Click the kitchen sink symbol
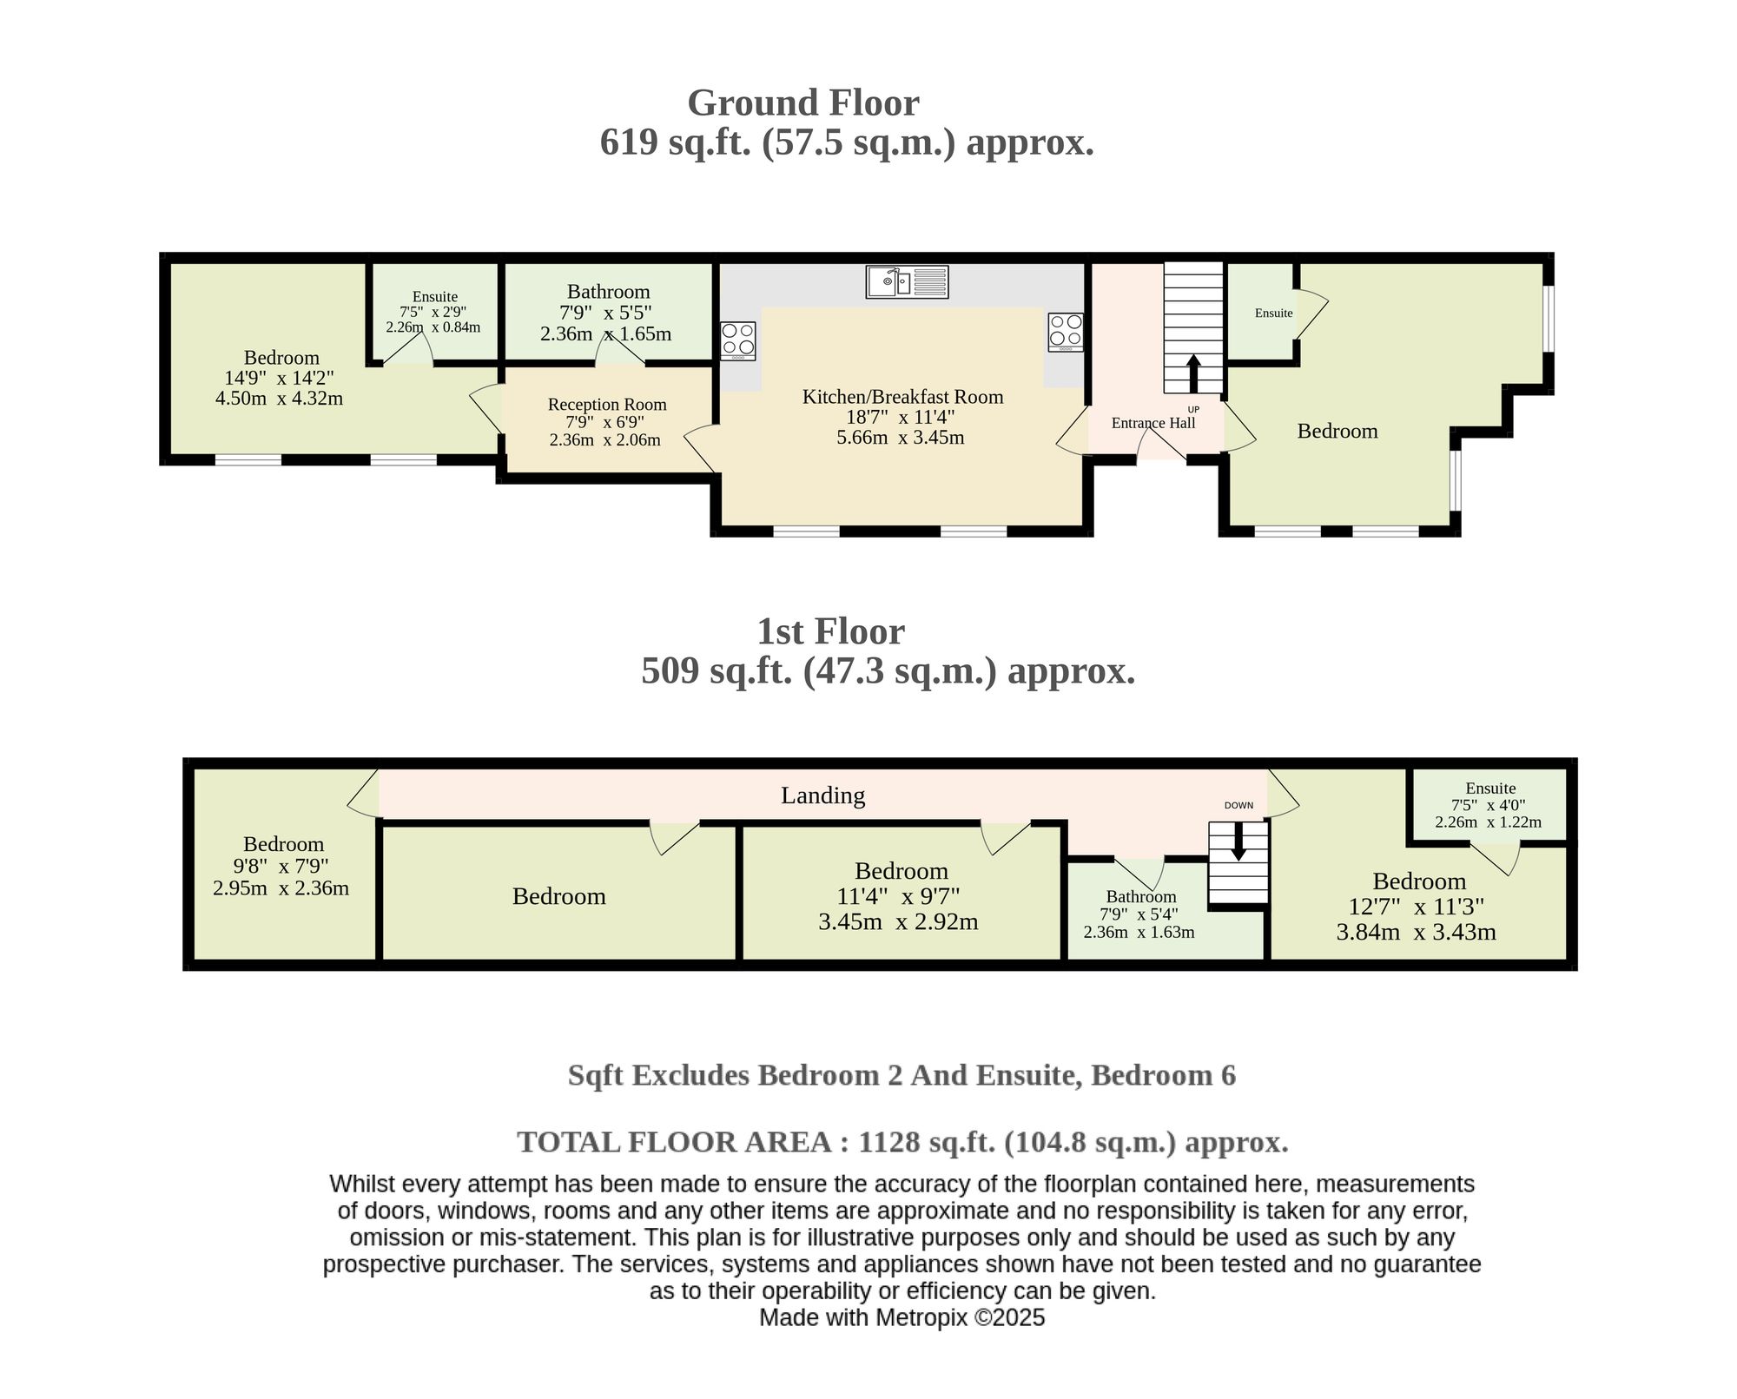(x=907, y=282)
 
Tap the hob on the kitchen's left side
(x=738, y=341)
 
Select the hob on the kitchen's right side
(x=1066, y=332)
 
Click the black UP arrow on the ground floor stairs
(x=1193, y=373)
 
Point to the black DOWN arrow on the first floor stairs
(x=1238, y=841)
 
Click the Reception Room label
(x=607, y=405)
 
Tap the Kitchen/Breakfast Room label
(x=902, y=397)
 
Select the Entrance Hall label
(x=1153, y=423)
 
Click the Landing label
(x=822, y=795)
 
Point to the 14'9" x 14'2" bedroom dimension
(x=280, y=378)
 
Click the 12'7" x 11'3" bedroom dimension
(x=1416, y=907)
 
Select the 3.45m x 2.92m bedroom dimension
(x=898, y=921)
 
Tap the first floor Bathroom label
(x=1141, y=896)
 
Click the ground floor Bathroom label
(x=608, y=292)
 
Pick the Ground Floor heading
(x=803, y=102)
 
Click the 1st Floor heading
(x=830, y=631)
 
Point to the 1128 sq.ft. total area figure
(x=927, y=1141)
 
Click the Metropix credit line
(x=902, y=1317)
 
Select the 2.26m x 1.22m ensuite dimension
(x=1488, y=822)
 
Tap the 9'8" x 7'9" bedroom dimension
(x=281, y=866)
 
